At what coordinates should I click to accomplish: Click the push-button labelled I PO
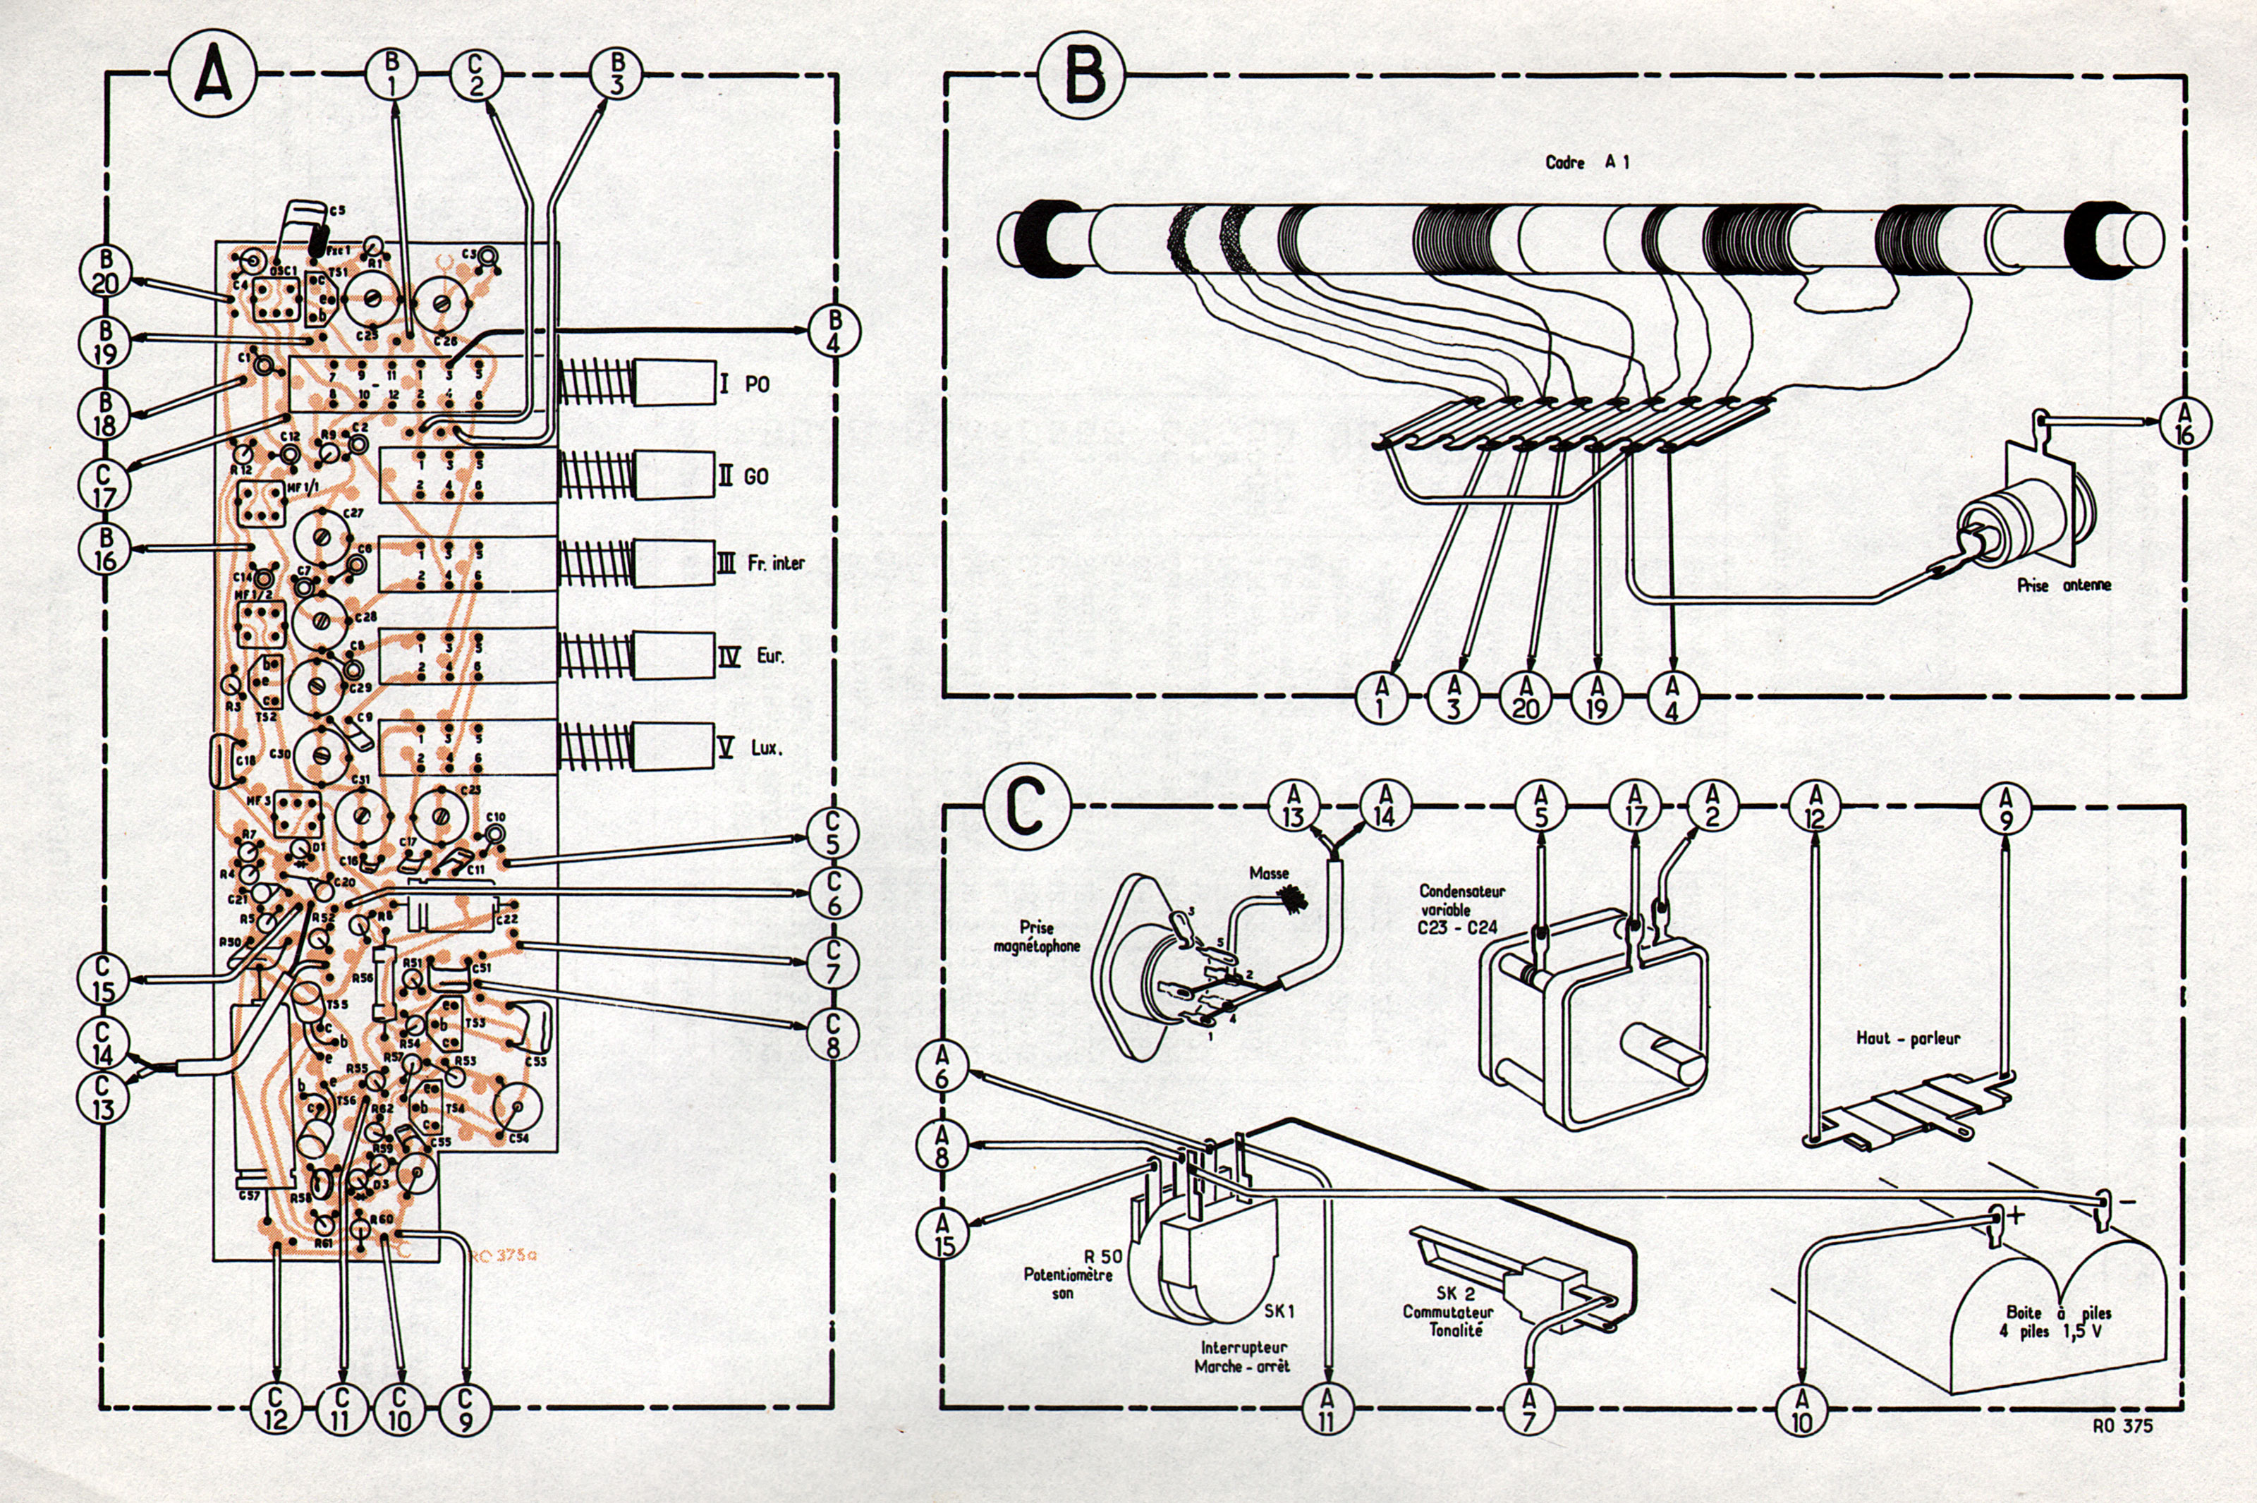pyautogui.click(x=674, y=384)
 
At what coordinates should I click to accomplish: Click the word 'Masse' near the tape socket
pyautogui.click(x=1269, y=874)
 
